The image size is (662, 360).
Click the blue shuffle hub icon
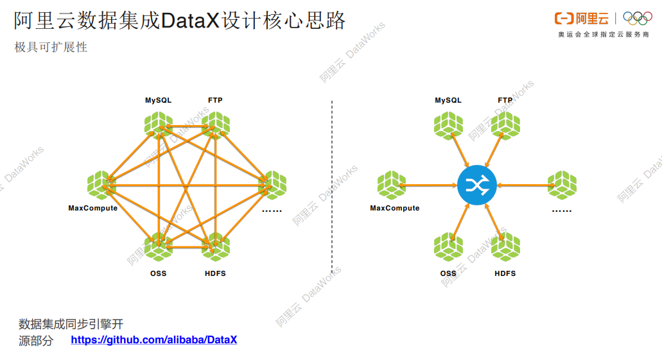[x=476, y=186]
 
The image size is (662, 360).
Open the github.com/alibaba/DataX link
[x=153, y=339]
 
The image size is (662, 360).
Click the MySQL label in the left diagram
[x=158, y=100]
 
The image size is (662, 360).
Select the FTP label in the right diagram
[x=505, y=100]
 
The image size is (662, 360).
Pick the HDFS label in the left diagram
[x=215, y=273]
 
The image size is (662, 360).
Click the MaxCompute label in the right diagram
[x=394, y=208]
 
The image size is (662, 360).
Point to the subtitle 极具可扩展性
[x=51, y=47]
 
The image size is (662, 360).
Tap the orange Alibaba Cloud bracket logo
[x=564, y=19]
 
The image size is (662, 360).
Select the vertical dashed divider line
[x=331, y=186]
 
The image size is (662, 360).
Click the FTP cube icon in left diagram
[x=215, y=125]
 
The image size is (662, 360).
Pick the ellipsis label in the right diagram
[x=562, y=209]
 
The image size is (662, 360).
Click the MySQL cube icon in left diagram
[x=158, y=125]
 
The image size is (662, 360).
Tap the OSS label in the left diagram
[x=158, y=273]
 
